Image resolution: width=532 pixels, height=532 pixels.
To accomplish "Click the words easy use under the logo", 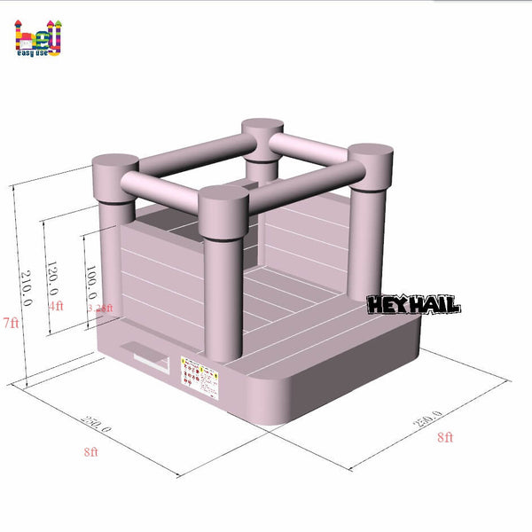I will [38, 53].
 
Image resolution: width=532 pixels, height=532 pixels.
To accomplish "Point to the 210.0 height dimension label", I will [27, 287].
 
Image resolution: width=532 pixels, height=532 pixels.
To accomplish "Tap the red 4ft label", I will [56, 306].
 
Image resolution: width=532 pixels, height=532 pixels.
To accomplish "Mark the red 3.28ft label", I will [101, 308].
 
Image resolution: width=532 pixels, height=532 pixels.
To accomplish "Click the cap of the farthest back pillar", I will [262, 129].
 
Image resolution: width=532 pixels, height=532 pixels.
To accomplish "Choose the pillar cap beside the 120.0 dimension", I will [115, 166].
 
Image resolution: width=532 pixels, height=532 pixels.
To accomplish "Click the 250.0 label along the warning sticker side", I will [97, 429].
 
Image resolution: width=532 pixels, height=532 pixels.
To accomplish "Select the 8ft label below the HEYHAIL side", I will [444, 437].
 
